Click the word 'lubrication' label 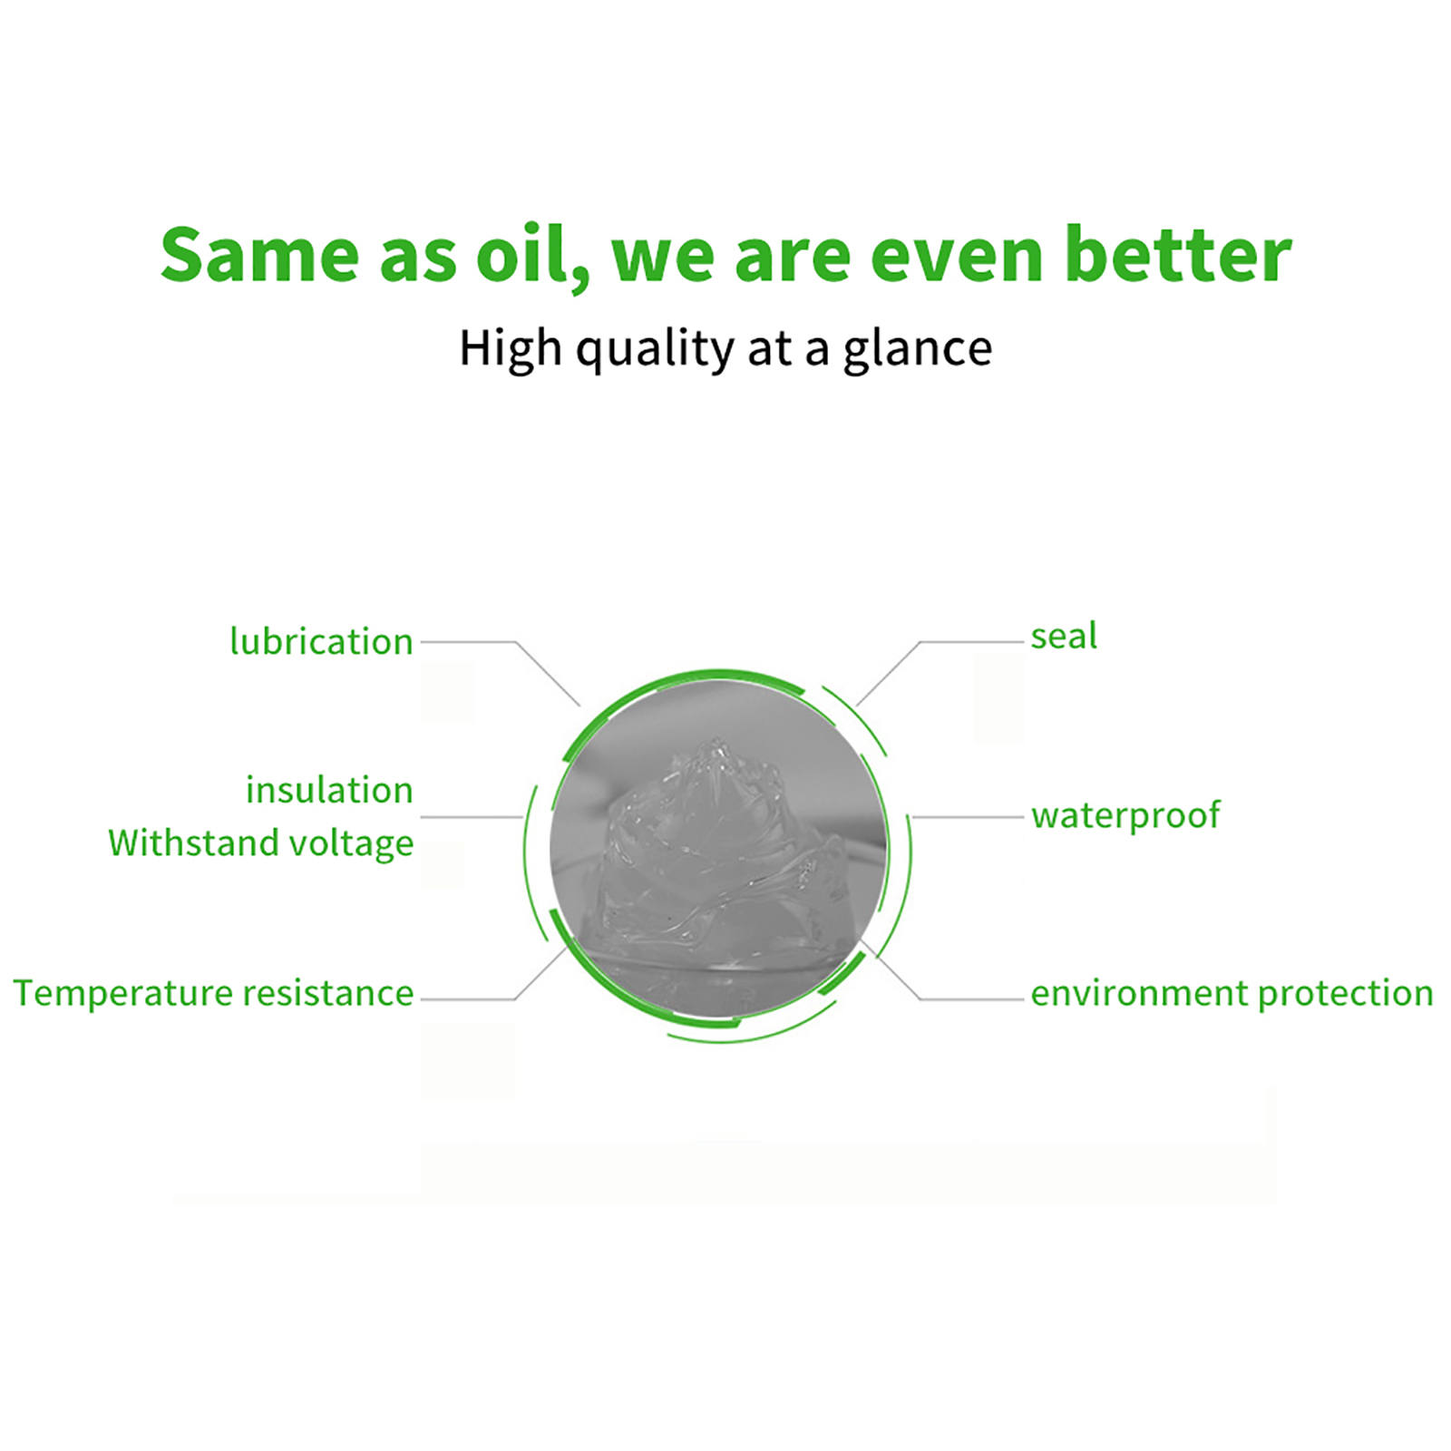[x=321, y=641]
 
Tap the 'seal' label [x=1064, y=636]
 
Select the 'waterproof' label [x=1125, y=816]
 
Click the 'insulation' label [x=329, y=790]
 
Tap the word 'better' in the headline [x=1177, y=254]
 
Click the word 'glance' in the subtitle [x=918, y=350]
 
